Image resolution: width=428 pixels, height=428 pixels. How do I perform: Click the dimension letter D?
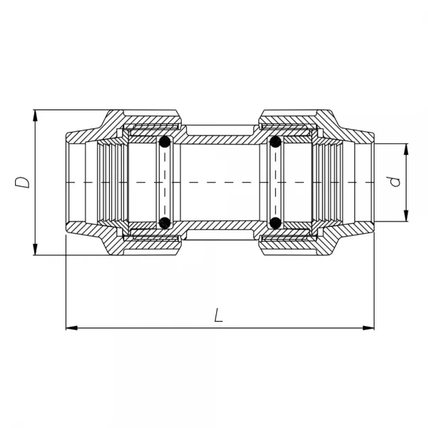coord(24,181)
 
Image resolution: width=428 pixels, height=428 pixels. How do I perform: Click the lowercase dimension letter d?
coord(394,183)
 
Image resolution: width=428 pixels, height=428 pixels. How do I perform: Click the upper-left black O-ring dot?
coord(165,143)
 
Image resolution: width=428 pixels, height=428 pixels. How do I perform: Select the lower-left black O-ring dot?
coord(165,223)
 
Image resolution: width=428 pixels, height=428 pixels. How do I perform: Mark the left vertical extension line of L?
coord(66,285)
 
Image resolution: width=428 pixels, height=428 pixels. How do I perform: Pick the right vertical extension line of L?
coord(374,285)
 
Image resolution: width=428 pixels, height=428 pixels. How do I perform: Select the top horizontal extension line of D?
coord(71,111)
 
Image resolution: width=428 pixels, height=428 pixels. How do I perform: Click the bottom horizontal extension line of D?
coord(71,255)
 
